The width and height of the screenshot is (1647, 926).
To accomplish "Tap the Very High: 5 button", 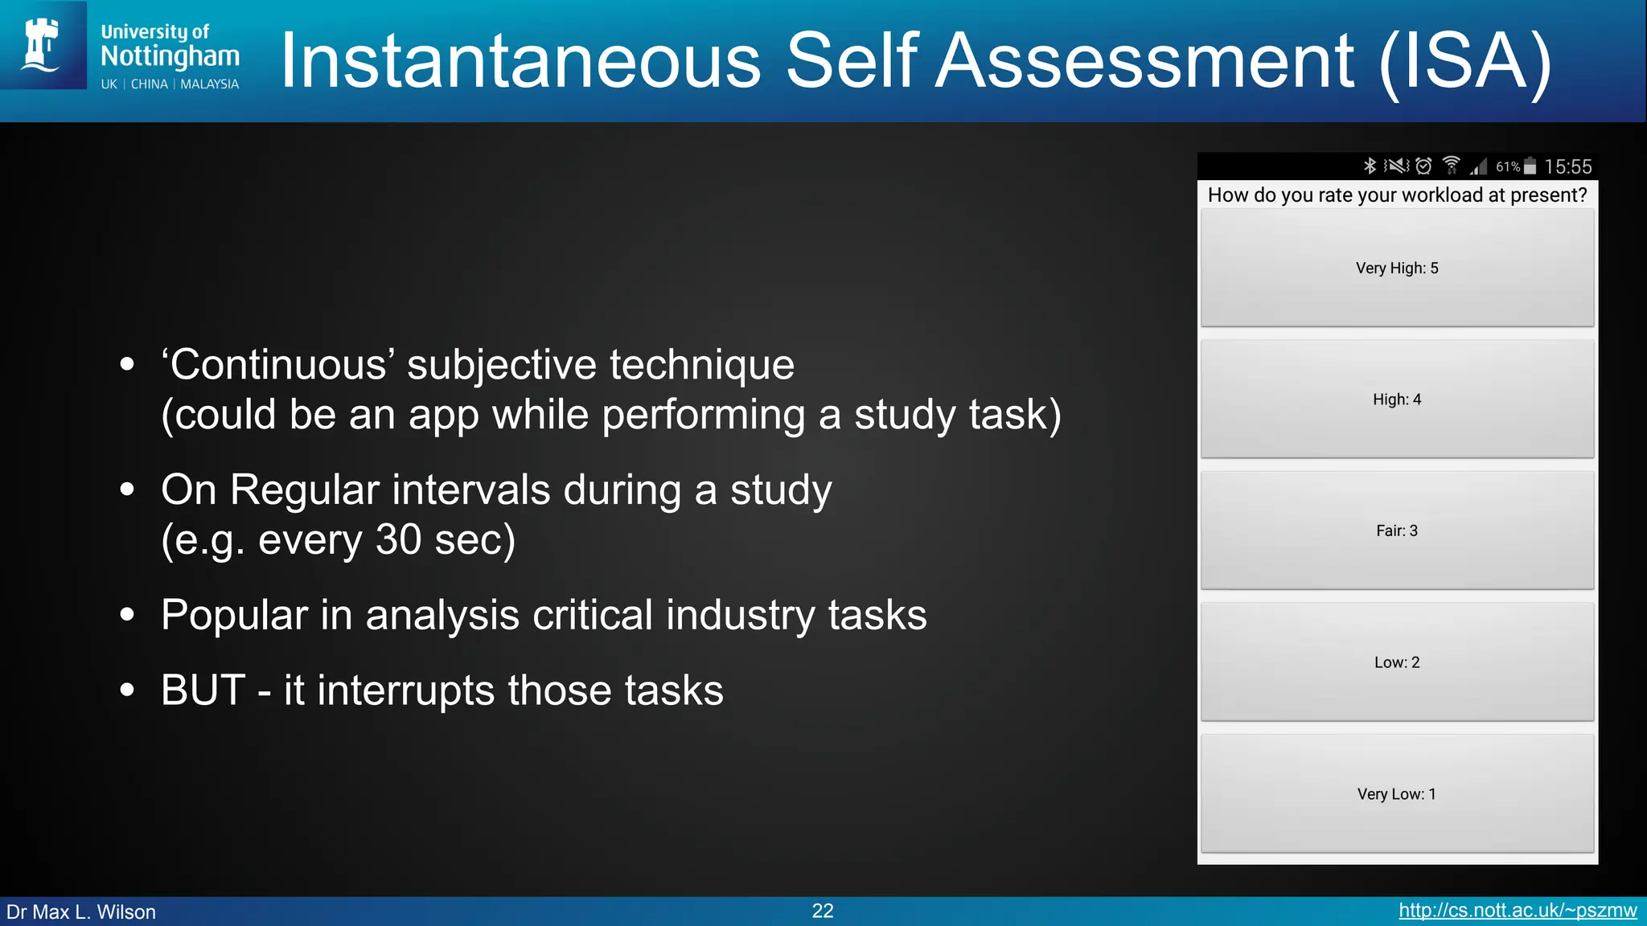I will pyautogui.click(x=1397, y=268).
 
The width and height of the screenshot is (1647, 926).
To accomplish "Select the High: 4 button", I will pyautogui.click(x=1397, y=399).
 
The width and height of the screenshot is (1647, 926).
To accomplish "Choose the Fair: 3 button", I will pyautogui.click(x=1397, y=531).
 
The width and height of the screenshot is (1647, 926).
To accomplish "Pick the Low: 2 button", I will pyautogui.click(x=1397, y=662).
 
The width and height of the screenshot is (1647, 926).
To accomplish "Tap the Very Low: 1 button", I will pyautogui.click(x=1397, y=794).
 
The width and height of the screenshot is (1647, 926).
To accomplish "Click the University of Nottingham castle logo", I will pyautogui.click(x=43, y=45).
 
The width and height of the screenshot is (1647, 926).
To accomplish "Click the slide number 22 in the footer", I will pyautogui.click(x=823, y=911).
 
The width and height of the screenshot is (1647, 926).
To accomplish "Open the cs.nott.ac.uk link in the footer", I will pyautogui.click(x=1518, y=911).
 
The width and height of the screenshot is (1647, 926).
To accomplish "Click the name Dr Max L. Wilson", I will pyautogui.click(x=81, y=912).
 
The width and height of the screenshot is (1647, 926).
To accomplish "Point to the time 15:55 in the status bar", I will pyautogui.click(x=1567, y=166).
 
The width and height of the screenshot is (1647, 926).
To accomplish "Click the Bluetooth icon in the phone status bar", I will pyautogui.click(x=1370, y=166).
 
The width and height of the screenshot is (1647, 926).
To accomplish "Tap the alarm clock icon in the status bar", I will pyautogui.click(x=1424, y=166).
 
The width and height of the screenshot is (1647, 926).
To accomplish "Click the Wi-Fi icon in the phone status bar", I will pyautogui.click(x=1452, y=166).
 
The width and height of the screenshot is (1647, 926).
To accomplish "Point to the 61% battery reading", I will pyautogui.click(x=1508, y=166).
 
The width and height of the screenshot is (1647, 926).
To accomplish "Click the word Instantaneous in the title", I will pyautogui.click(x=520, y=61).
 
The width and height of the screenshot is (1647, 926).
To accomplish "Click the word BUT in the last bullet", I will pyautogui.click(x=203, y=690).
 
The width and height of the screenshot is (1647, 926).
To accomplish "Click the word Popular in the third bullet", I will pyautogui.click(x=234, y=615).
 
